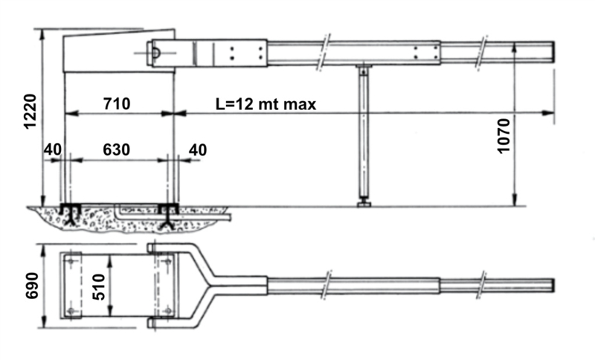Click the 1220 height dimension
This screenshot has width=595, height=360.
(x=30, y=112)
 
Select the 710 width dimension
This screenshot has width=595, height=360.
(x=117, y=103)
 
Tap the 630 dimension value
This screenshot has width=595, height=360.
(x=117, y=150)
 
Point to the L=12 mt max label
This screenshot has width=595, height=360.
(x=266, y=104)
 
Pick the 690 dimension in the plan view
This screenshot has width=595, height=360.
(x=32, y=286)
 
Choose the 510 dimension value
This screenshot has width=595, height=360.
(x=99, y=287)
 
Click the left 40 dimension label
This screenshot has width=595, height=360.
(x=52, y=150)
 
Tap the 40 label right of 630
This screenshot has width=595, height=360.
(x=198, y=150)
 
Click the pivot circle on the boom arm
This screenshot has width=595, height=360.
(x=155, y=53)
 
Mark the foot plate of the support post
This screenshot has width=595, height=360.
(x=364, y=205)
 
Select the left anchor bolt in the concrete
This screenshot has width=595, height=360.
(x=71, y=215)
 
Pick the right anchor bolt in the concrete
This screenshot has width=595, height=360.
(x=168, y=216)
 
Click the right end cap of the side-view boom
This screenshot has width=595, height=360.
(x=553, y=52)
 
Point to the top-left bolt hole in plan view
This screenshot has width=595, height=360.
(x=71, y=260)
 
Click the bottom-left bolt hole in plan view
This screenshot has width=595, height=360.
(x=71, y=312)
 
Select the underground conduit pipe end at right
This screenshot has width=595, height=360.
(x=229, y=218)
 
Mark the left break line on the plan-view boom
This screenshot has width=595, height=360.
(x=326, y=286)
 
